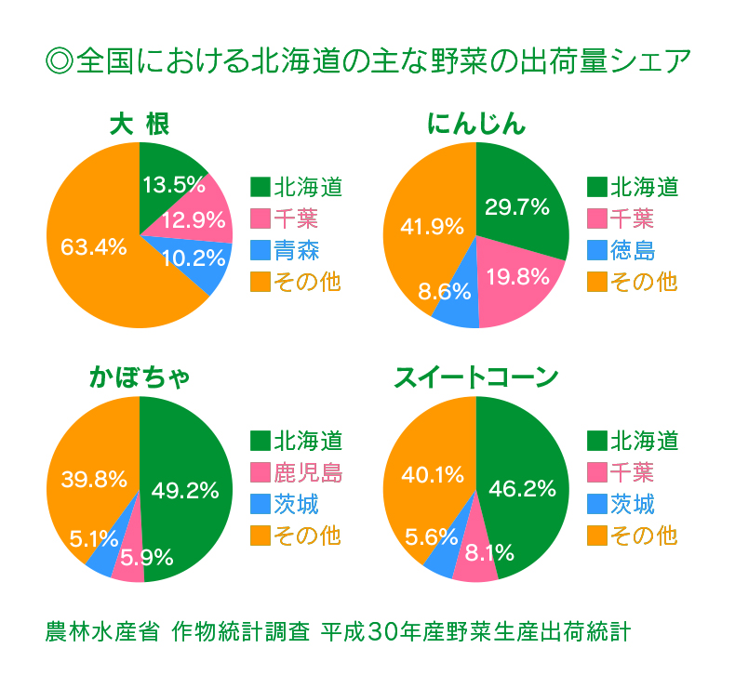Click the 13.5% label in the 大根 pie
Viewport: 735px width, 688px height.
coord(174,184)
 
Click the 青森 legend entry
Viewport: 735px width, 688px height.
coord(296,249)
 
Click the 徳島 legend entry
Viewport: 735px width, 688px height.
coord(632,249)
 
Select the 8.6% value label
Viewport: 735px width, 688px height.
coord(444,293)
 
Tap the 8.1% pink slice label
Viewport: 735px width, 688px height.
coord(484,554)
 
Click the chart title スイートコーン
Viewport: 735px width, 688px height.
coord(475,377)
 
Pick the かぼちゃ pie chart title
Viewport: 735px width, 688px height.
coord(140,377)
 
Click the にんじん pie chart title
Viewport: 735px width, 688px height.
coord(475,124)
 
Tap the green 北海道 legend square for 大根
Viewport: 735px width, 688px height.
coord(260,188)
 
